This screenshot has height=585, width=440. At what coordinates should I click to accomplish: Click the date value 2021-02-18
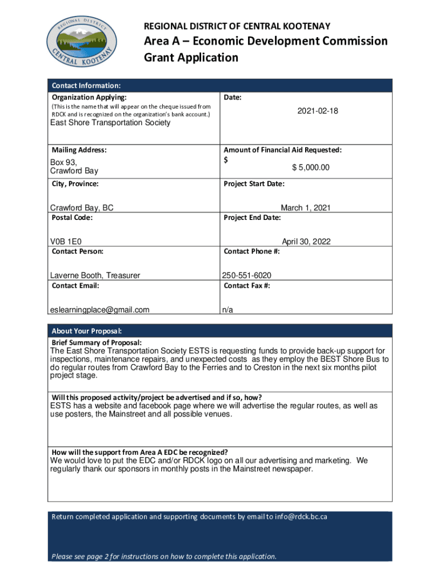point(318,111)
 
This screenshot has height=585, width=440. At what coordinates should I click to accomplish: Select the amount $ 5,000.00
point(311,167)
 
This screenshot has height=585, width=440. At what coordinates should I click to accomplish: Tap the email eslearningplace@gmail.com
point(100,310)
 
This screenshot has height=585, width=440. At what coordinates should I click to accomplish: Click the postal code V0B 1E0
point(69,242)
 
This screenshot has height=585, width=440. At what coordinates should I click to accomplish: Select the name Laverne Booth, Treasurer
point(95,275)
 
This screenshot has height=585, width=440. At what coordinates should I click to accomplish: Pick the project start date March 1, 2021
point(305,208)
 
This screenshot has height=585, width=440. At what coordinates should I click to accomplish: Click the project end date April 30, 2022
point(306,242)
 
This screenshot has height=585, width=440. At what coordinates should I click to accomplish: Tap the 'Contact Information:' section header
point(86,86)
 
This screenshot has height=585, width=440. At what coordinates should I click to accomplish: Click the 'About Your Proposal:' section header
point(87,331)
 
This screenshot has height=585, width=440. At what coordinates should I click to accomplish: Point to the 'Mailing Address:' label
point(79,150)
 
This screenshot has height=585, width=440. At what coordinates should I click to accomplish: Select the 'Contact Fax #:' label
point(247,286)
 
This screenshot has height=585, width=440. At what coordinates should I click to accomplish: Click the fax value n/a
point(227,310)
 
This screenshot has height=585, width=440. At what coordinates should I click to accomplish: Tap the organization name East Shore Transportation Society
point(110,123)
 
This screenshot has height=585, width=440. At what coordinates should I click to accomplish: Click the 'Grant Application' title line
point(190,58)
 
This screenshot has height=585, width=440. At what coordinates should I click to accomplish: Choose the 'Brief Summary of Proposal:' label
point(97,342)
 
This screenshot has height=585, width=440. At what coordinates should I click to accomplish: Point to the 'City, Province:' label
point(75,184)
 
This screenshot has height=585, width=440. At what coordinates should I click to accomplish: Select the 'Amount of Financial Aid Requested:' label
point(283,150)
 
